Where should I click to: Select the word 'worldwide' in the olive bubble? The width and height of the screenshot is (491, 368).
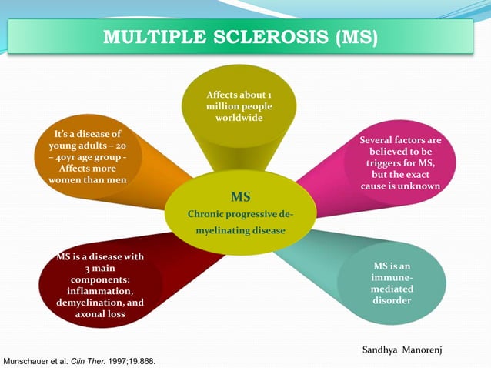[239, 118]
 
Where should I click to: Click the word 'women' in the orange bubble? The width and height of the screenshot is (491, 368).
[66, 180]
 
